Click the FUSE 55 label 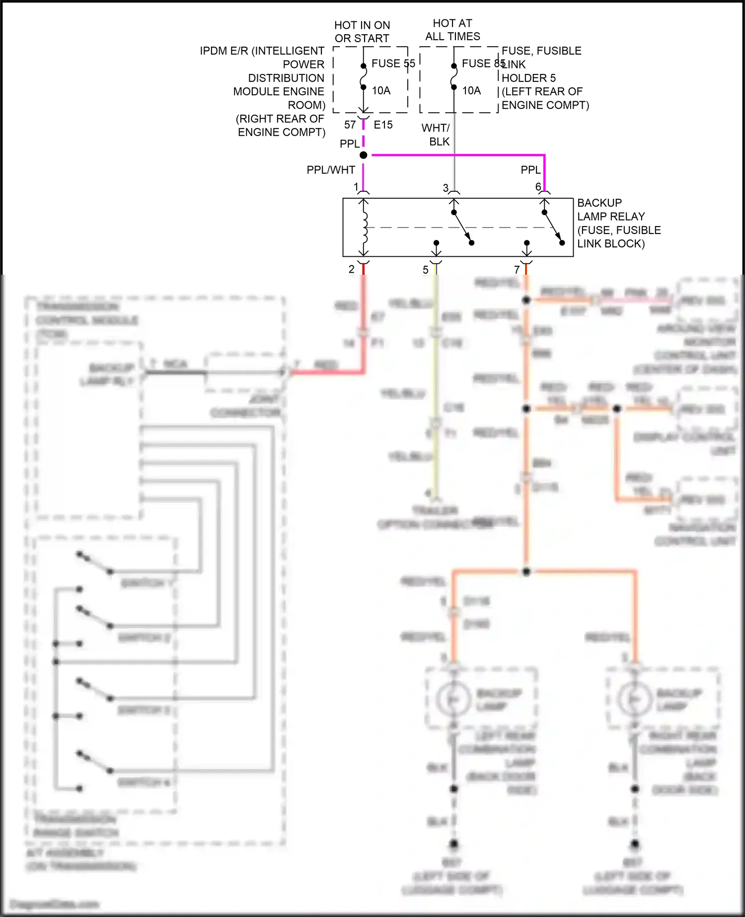point(393,64)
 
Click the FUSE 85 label point(483,64)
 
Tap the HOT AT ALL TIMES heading point(452,30)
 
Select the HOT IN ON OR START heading point(362,32)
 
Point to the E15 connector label point(383,125)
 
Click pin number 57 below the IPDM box point(350,125)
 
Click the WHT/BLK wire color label point(436,135)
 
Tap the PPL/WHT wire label point(331,170)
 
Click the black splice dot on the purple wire point(364,155)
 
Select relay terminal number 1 point(356,187)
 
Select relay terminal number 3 point(446,188)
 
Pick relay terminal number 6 point(538,187)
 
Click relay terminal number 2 point(352,269)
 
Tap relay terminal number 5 point(426,270)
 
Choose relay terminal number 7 point(517,270)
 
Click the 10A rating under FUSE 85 point(471,90)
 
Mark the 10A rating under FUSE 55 point(381,90)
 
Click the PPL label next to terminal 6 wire point(530,170)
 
